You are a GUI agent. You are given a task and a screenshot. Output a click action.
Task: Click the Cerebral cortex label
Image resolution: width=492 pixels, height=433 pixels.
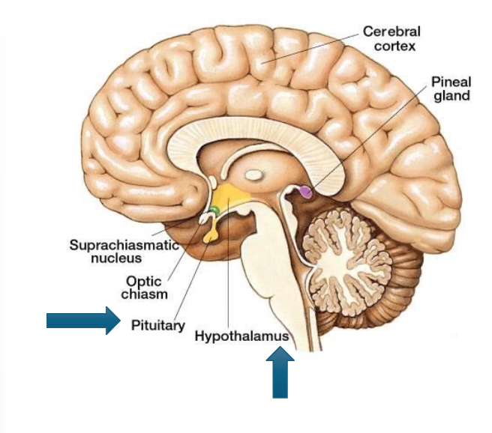pyautogui.click(x=391, y=39)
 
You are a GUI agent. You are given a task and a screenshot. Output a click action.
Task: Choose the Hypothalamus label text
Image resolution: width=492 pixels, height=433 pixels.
pyautogui.click(x=241, y=337)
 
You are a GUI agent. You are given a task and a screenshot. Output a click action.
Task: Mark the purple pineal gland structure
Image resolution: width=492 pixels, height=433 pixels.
pyautogui.click(x=305, y=192)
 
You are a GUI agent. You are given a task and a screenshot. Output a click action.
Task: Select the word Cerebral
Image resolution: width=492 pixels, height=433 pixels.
pyautogui.click(x=391, y=31)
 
